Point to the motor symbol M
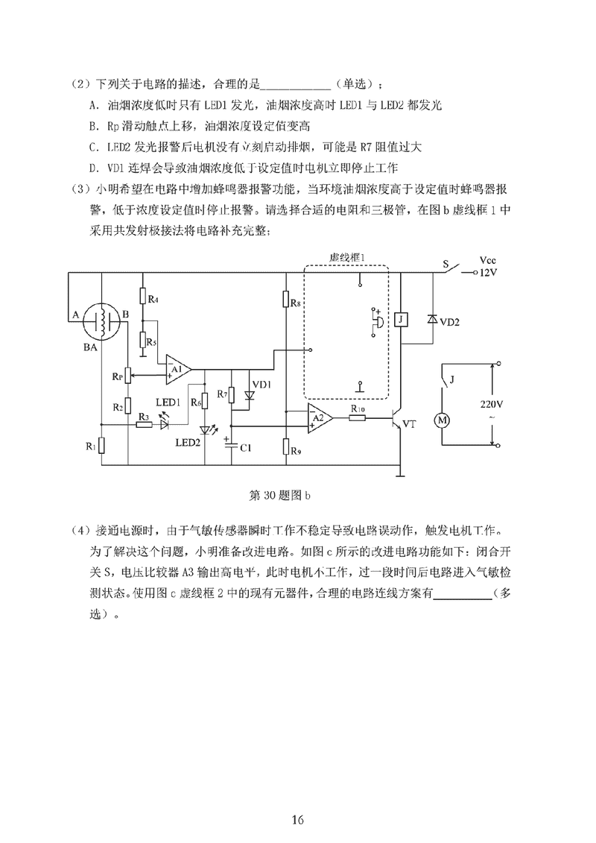tap(443, 420)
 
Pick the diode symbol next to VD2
tap(431, 319)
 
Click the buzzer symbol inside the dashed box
tap(377, 321)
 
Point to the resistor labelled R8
tap(287, 300)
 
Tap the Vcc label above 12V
tap(488, 261)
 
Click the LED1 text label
tap(168, 402)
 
